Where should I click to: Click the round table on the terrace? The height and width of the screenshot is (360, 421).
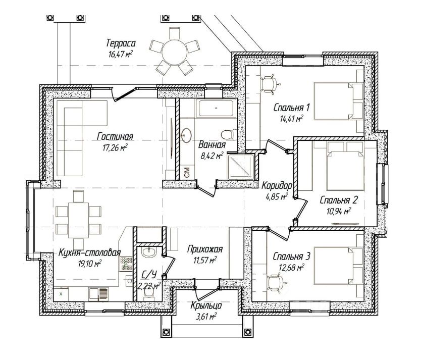[x=175, y=52]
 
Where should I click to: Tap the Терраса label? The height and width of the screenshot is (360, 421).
[x=121, y=43]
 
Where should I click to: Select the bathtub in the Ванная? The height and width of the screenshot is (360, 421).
[x=216, y=108]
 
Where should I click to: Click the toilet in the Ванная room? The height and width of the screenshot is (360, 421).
[x=229, y=134]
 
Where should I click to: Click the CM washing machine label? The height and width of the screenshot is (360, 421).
[x=187, y=172]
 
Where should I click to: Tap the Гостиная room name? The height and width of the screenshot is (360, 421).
[x=115, y=137]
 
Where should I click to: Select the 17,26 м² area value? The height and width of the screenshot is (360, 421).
[x=115, y=147]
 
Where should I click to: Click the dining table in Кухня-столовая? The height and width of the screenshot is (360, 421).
[x=78, y=220]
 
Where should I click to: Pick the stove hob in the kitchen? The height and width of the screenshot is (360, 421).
[x=126, y=264]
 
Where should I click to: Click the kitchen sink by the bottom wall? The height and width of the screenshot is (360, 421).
[x=98, y=293]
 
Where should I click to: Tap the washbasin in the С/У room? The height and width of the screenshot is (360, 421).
[x=149, y=252]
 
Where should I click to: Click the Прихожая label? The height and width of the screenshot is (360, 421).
[x=205, y=249]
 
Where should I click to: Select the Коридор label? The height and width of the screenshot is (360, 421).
[x=277, y=185]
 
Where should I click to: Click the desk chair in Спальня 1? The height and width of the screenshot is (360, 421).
[x=269, y=84]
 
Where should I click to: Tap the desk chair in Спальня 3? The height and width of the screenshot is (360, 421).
[x=277, y=283]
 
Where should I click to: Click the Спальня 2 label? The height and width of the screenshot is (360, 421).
[x=339, y=200]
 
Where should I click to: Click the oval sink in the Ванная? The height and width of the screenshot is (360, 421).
[x=186, y=135]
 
